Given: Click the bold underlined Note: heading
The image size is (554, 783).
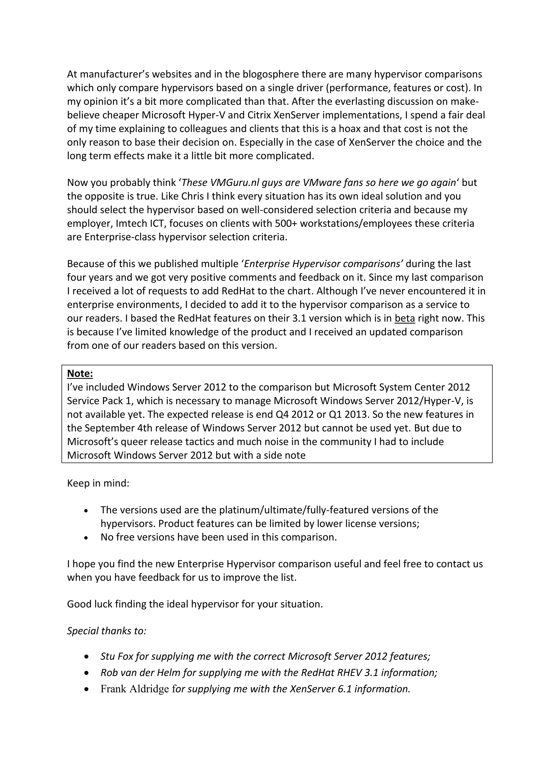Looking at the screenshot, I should pos(80,374).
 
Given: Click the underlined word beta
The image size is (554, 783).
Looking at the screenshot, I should pos(405,318).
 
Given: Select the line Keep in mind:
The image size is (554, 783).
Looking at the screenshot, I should pos(98,484).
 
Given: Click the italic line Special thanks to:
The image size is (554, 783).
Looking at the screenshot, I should pos(106,631).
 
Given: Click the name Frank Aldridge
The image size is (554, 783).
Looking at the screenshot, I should pos(134,689).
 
